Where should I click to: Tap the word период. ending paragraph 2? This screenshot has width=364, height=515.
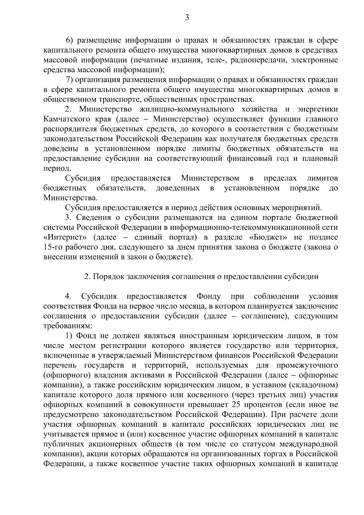coord(53,168)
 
